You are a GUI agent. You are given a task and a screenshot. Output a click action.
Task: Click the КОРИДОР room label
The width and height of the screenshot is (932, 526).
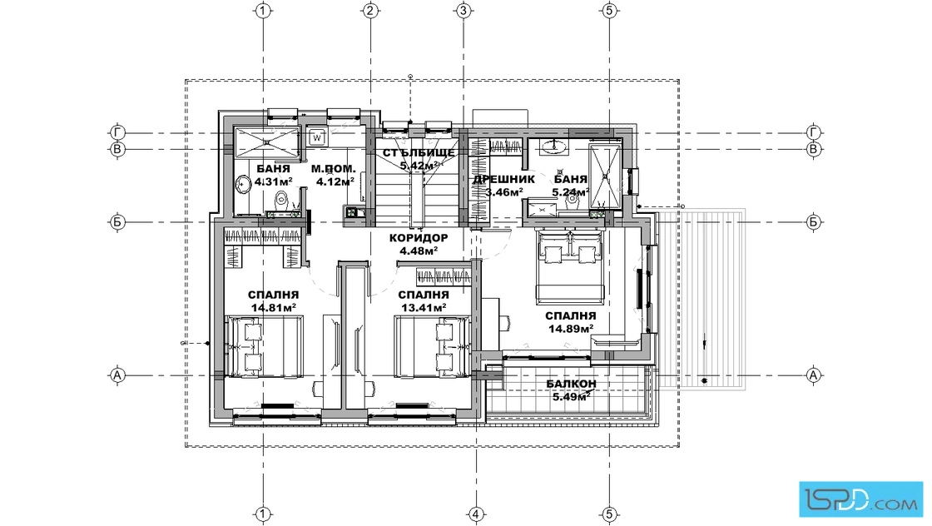tap(419, 238)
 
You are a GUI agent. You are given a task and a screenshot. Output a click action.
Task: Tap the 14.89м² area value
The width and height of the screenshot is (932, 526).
tap(571, 329)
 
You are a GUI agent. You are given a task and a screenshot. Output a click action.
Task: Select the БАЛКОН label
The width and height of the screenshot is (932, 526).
tap(571, 384)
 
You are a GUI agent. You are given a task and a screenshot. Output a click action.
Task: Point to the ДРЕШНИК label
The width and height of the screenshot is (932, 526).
tap(504, 179)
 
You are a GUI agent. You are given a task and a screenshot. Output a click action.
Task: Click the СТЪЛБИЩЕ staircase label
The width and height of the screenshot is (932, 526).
tap(419, 153)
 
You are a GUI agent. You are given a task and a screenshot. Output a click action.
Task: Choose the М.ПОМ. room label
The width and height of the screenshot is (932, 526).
tap(334, 169)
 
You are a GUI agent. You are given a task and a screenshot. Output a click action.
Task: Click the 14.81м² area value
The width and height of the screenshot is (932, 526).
tap(274, 308)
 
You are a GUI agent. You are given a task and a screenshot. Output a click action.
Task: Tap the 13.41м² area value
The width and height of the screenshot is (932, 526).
tap(424, 308)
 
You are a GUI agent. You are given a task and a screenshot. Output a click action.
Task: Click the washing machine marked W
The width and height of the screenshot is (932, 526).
tap(317, 137)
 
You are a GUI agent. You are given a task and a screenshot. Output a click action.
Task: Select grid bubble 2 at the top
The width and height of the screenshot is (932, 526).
tap(369, 10)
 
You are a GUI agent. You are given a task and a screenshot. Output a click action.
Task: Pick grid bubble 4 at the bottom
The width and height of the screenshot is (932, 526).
tap(475, 514)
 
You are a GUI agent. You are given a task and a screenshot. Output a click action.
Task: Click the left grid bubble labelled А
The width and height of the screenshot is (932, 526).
tap(117, 375)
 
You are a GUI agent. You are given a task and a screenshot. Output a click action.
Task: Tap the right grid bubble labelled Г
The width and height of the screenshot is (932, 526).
tap(814, 132)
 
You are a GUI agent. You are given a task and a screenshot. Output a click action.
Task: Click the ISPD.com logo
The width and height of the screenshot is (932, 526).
tap(860, 499)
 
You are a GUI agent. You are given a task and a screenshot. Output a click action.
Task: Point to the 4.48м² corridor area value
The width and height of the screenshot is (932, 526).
tap(419, 251)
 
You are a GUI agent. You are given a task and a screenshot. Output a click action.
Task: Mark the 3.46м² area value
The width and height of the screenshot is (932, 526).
tap(504, 192)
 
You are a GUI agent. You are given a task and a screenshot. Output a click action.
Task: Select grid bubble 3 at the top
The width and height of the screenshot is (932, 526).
tap(464, 10)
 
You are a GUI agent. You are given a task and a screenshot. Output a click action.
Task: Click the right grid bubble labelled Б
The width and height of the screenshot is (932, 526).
tap(814, 222)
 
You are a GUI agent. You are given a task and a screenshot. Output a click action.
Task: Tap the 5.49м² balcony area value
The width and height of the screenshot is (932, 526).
tap(571, 396)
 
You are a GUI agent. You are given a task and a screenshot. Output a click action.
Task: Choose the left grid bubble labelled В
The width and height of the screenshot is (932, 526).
tap(117, 149)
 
